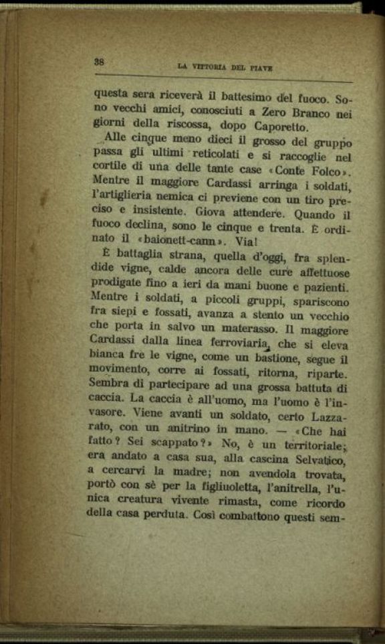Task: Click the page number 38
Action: [100, 61]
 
